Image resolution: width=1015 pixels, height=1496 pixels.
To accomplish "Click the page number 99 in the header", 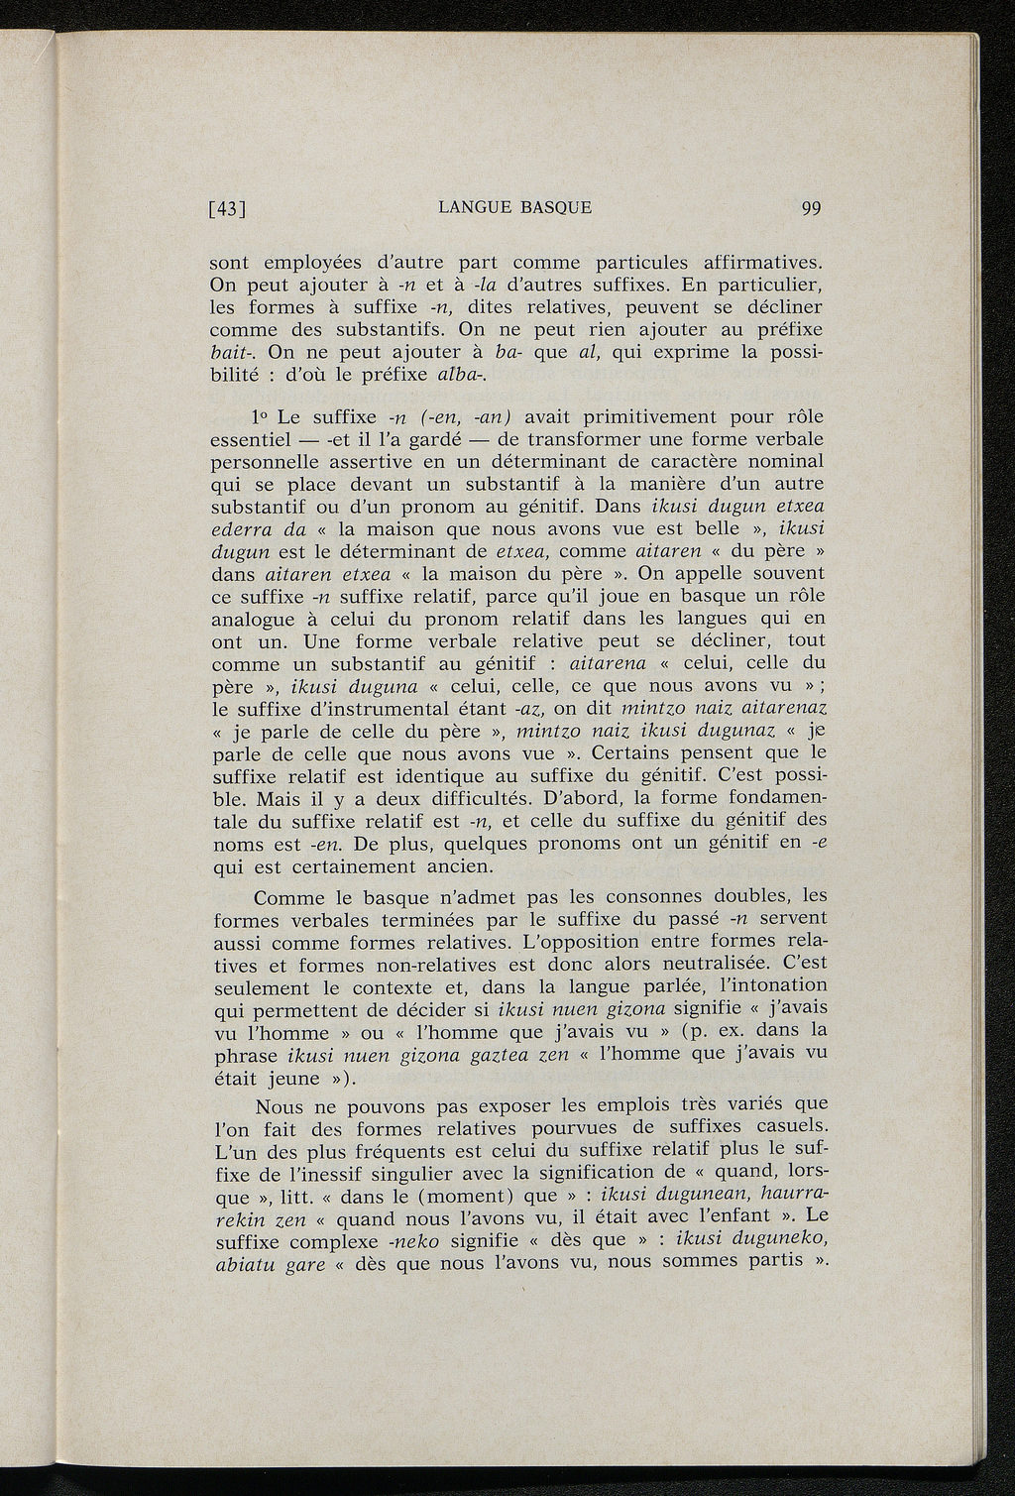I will tap(811, 208).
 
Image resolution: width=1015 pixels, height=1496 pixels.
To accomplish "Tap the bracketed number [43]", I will tap(228, 209).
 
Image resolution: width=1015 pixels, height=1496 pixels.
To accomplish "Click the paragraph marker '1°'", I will tap(263, 416).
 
